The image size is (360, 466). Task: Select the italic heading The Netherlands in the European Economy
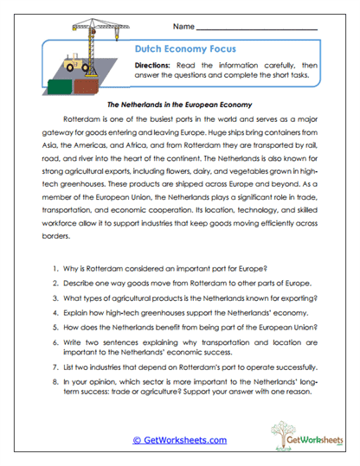(x=179, y=105)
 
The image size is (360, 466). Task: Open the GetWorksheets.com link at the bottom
(x=179, y=439)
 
